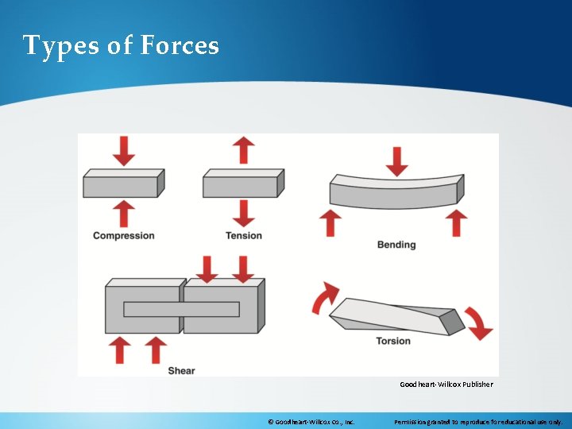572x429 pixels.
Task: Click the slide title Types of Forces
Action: [x=121, y=46]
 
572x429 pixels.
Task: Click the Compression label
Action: [x=123, y=236]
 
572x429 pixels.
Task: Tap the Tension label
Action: [x=243, y=236]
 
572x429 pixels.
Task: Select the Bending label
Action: [x=396, y=245]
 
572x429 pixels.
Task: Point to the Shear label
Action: [x=181, y=370]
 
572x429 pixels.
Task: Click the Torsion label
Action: [x=393, y=341]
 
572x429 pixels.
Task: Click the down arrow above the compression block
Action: [x=124, y=150]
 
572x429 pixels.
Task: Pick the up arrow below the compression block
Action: [x=124, y=213]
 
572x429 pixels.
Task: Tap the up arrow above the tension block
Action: [x=244, y=150]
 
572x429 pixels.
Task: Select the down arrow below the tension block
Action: [x=244, y=213]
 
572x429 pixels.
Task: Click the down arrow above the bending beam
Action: [x=396, y=160]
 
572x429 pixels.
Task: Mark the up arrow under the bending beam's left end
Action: [x=331, y=222]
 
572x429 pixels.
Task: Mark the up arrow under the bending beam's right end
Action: [x=455, y=222]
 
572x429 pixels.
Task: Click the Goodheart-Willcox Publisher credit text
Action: [x=446, y=385]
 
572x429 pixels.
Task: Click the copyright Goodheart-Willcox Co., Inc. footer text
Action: [x=311, y=421]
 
